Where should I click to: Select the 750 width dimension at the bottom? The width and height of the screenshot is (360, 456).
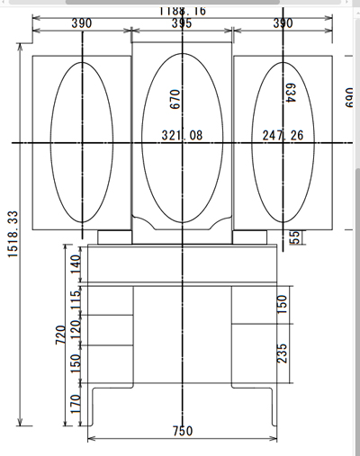point(182,431)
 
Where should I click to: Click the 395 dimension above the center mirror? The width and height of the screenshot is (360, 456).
point(181,23)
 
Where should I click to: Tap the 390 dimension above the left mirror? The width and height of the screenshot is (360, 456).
point(82,23)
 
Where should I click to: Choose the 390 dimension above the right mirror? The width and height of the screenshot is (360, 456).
point(283,23)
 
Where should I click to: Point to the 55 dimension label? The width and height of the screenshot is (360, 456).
point(293,237)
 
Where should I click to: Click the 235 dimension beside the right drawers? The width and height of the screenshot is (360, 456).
point(282,353)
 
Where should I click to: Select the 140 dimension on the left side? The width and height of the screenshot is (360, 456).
point(76,264)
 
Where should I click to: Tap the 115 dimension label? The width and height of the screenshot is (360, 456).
point(76,299)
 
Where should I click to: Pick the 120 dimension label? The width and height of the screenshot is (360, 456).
point(76,328)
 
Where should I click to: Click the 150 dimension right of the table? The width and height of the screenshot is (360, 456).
point(282,304)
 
